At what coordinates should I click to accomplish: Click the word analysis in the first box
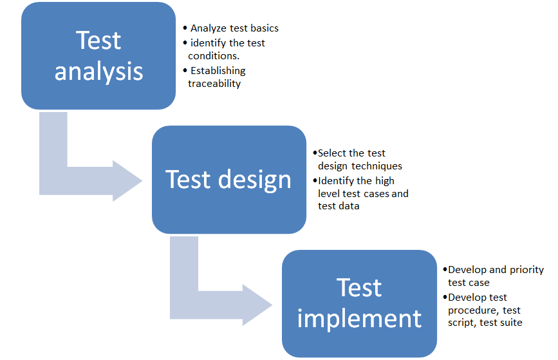98,71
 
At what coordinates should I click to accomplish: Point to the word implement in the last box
360,318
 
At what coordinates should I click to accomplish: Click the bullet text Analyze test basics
234,28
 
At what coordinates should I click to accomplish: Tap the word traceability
214,84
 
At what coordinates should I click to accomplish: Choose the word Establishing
218,71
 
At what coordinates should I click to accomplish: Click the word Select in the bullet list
332,153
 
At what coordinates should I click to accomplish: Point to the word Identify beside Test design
337,180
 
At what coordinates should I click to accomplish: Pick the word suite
510,323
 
